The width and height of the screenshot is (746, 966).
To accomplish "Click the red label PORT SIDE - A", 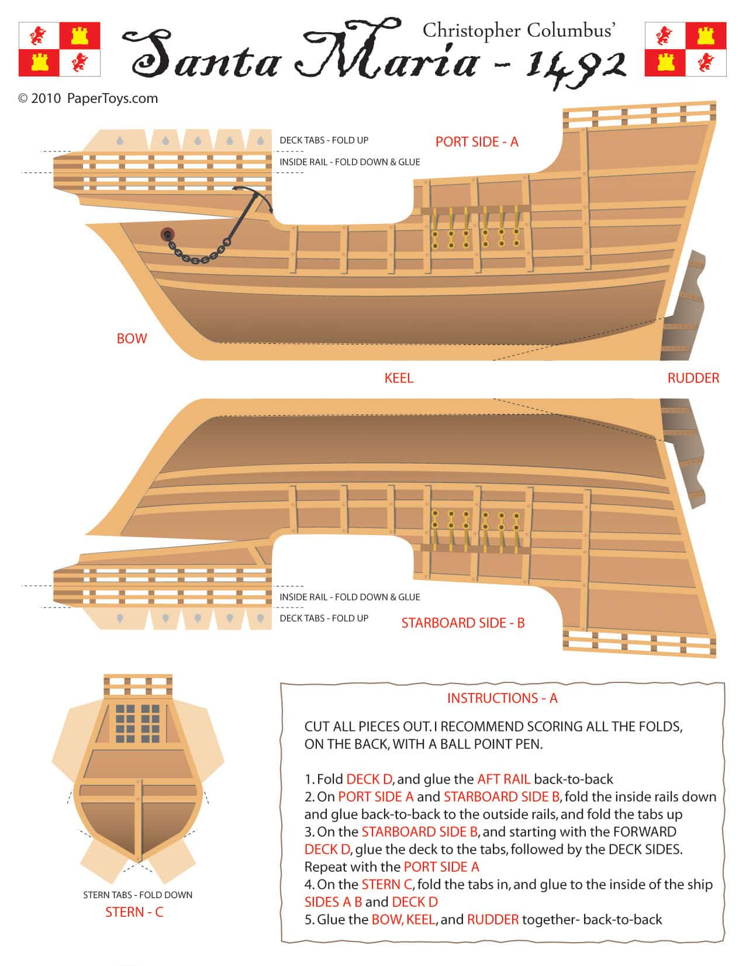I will tap(476, 142).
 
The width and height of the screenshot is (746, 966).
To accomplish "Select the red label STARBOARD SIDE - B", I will tap(462, 623).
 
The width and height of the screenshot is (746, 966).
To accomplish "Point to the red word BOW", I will tap(132, 339).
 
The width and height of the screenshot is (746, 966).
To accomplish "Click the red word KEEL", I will tap(399, 378).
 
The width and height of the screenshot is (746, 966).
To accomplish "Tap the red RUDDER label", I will tap(693, 378).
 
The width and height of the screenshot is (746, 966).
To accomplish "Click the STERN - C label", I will tap(134, 912).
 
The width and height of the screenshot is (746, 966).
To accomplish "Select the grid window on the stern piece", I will tap(138, 723).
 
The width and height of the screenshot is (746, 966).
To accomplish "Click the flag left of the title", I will tap(59, 49).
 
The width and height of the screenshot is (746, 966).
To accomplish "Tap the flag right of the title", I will tap(685, 49).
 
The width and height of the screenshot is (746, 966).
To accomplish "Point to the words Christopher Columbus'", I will tap(518, 30).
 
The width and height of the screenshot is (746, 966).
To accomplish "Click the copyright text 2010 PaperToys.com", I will tap(88, 98).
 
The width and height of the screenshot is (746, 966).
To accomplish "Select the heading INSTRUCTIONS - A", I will tap(502, 698).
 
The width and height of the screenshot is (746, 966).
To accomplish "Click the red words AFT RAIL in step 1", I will tap(503, 779).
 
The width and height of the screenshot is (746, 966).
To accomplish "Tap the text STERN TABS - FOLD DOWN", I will tap(137, 895).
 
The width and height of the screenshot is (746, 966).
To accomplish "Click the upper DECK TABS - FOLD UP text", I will tap(323, 140).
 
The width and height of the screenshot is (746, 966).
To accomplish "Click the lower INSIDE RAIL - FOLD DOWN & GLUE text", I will tap(350, 597).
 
